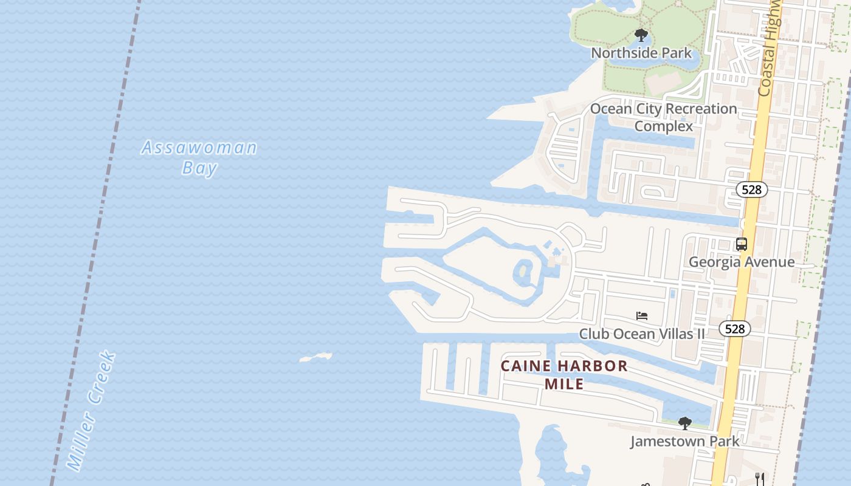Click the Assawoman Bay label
(199, 157)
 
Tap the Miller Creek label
(91, 411)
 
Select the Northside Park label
(641, 53)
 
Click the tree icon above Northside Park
(641, 35)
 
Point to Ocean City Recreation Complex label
(664, 117)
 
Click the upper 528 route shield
(751, 190)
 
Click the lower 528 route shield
(735, 329)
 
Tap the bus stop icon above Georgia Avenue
(742, 244)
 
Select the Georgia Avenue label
(742, 262)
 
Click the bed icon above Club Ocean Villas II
(642, 316)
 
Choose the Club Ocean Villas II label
(642, 334)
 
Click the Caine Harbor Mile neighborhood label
(564, 375)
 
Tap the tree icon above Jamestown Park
(685, 423)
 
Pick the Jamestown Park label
(685, 441)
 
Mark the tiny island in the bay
(316, 357)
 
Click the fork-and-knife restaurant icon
(760, 479)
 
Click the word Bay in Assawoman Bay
(199, 168)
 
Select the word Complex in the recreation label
(664, 126)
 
